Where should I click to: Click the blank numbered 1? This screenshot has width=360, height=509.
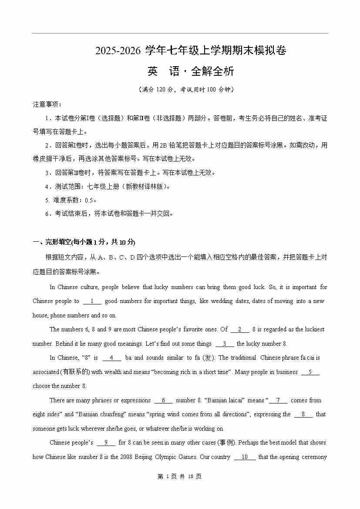point(92,301)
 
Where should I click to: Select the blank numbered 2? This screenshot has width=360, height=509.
point(240,329)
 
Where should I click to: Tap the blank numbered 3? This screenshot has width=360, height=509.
point(225,344)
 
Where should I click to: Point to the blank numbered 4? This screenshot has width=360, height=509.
point(112,357)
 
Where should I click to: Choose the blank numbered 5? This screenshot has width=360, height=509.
point(310,372)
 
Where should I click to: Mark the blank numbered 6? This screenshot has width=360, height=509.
point(163,400)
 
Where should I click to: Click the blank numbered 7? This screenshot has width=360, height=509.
point(278,400)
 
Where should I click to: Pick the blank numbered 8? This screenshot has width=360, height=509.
point(303,414)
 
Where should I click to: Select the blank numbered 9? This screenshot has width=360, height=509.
point(106,442)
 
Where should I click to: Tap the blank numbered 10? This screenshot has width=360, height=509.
point(245,457)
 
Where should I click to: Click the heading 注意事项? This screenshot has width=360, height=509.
point(47,104)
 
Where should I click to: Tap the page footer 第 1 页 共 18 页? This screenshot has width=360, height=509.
point(180,476)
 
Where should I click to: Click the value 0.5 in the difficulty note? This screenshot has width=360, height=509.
point(89,200)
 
